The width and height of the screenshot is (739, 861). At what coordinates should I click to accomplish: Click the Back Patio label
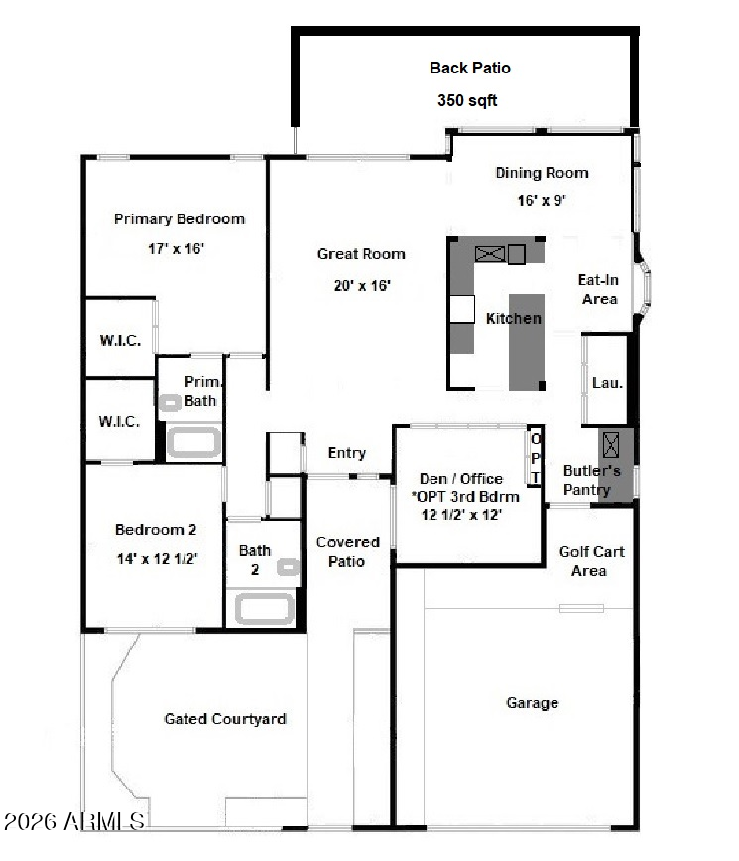point(469,68)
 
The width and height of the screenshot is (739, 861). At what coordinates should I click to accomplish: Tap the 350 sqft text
point(467,100)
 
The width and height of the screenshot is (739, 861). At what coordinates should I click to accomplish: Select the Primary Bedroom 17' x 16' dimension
point(177,248)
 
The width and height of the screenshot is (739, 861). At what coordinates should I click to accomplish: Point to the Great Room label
point(361,253)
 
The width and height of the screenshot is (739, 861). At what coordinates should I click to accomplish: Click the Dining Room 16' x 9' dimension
point(542,200)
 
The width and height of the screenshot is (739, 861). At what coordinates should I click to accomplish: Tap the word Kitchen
point(514,318)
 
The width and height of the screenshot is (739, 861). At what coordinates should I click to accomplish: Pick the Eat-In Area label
point(599,289)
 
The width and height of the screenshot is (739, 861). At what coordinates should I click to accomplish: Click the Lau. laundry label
point(607,382)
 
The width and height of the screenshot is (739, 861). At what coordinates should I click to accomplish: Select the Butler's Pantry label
point(591,480)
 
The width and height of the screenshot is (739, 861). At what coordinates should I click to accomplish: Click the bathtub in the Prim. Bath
point(193,443)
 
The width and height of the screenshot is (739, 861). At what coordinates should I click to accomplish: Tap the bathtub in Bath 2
point(265,609)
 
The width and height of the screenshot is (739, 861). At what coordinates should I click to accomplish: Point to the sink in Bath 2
point(288,567)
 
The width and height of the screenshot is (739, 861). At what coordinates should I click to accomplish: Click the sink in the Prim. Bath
point(170,403)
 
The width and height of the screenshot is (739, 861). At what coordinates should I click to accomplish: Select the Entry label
point(347,453)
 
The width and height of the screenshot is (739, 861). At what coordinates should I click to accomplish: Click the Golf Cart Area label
point(591,561)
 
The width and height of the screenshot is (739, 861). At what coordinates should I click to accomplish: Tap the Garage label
point(532,703)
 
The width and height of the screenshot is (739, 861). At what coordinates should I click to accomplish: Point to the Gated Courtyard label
point(225,719)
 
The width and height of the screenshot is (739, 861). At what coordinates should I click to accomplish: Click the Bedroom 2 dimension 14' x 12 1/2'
point(158,559)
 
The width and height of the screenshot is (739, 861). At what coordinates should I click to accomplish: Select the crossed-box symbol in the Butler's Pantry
point(611,445)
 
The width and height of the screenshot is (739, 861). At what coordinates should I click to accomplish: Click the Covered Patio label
point(348,551)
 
